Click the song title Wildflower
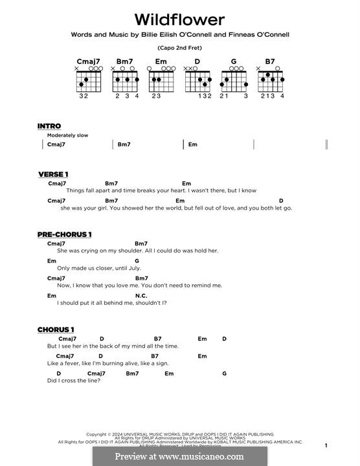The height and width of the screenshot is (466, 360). [x=179, y=19]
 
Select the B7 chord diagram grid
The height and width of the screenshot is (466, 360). [x=271, y=81]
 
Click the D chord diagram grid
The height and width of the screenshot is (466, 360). [x=198, y=81]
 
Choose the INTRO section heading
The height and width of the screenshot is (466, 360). [x=49, y=126]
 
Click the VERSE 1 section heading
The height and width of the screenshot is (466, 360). [x=53, y=174]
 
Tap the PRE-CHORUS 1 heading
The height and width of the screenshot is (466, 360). [x=65, y=234]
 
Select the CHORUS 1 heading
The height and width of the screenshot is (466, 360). [x=56, y=329]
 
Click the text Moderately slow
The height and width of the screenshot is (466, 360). [x=67, y=135]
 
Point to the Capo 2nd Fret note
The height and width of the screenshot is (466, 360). [x=179, y=49]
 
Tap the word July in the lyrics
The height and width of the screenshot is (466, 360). [x=133, y=268]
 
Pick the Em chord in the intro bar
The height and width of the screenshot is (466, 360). [x=193, y=144]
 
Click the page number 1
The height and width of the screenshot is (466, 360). [x=326, y=445]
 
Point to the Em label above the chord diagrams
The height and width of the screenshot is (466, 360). [x=162, y=62]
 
